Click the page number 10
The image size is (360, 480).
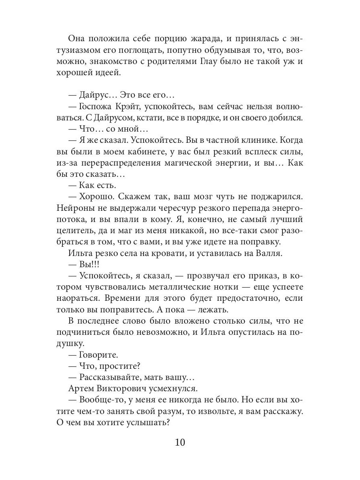point(180,443)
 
